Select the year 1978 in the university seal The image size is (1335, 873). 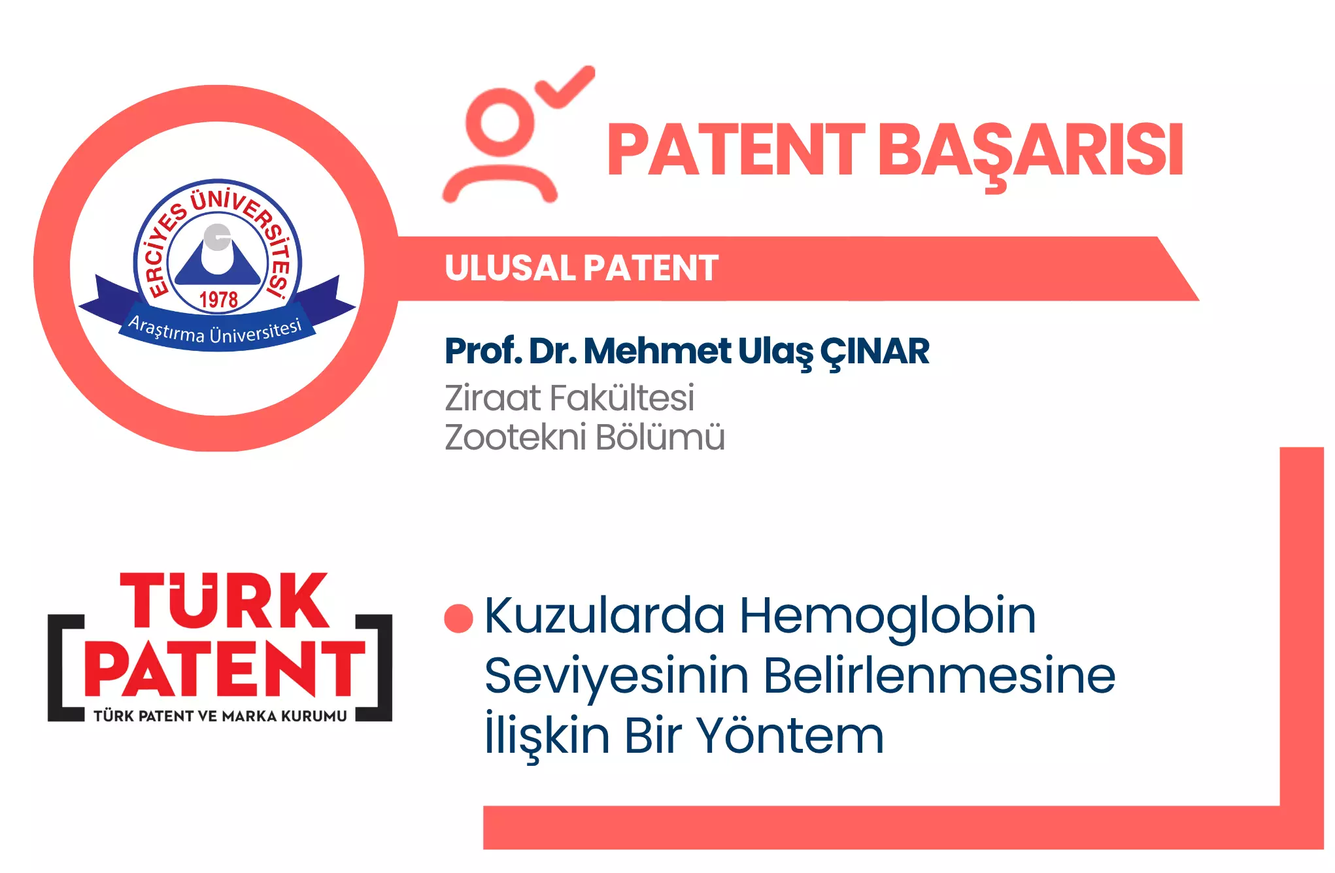[218, 300]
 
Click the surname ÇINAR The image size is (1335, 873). [875, 353]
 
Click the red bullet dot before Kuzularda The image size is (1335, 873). [458, 618]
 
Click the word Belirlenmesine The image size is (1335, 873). [939, 676]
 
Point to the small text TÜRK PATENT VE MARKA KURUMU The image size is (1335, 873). [220, 716]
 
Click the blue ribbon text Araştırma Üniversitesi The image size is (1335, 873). [215, 331]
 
